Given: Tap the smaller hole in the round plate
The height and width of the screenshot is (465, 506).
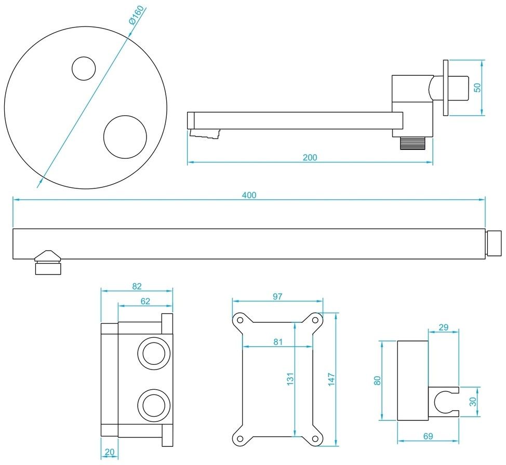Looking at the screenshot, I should (84, 69).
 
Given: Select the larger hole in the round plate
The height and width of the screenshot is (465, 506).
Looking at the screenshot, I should (125, 136).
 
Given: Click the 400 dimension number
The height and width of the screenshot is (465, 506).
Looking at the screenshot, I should (249, 195).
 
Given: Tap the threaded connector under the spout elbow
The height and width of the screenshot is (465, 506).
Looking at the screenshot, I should (413, 143).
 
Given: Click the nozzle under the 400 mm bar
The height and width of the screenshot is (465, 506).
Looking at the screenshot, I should (48, 263).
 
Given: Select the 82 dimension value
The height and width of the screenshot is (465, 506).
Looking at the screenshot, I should (137, 286).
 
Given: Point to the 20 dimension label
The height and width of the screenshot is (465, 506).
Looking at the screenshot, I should (109, 452).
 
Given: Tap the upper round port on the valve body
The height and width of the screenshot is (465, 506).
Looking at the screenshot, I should (153, 354).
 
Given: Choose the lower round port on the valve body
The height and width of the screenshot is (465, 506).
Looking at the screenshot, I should (153, 404).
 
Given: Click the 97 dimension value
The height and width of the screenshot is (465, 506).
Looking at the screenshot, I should (277, 296).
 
